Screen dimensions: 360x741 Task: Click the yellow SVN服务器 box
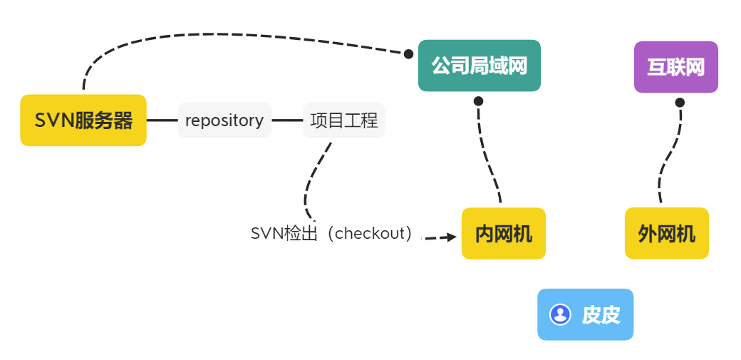[x=83, y=120]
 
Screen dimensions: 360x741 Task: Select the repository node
[x=224, y=120]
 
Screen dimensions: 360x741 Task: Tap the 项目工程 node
[x=344, y=120]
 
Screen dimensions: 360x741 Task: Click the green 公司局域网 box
[x=479, y=66]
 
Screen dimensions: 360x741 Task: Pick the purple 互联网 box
[x=675, y=67]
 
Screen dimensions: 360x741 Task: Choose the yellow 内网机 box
[x=503, y=233]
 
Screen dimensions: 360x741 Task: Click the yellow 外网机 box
[x=666, y=233]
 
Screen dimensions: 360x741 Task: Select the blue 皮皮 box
[x=585, y=314]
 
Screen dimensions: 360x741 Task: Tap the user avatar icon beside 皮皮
[x=560, y=314]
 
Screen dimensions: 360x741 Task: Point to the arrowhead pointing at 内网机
[x=452, y=237]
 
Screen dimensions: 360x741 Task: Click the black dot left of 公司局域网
[x=408, y=53]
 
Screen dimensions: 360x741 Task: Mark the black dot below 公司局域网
[x=478, y=101]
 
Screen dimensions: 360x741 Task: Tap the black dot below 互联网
[x=680, y=102]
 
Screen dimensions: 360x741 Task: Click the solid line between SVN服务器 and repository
[x=162, y=120]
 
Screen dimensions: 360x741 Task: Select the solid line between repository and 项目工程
[x=287, y=120]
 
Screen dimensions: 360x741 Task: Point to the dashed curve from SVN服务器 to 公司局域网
[x=214, y=34]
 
